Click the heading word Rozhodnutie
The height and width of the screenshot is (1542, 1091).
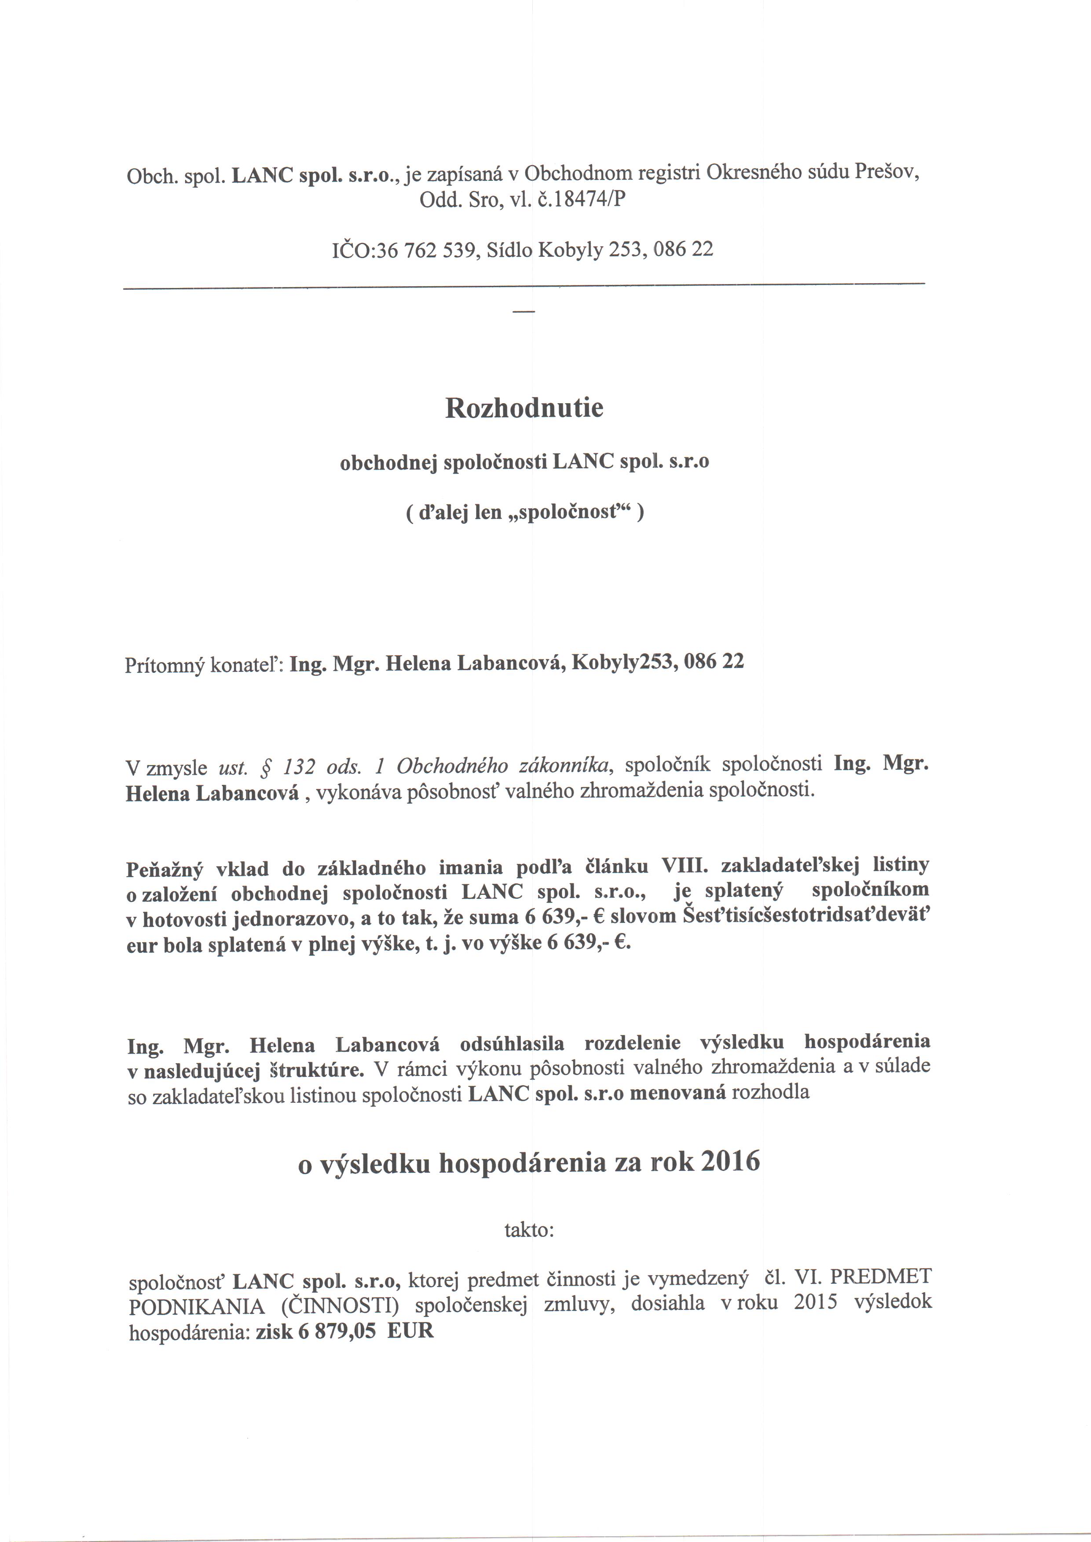click(524, 408)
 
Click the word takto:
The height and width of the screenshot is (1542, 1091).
click(529, 1230)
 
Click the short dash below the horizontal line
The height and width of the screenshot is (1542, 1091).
click(524, 312)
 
